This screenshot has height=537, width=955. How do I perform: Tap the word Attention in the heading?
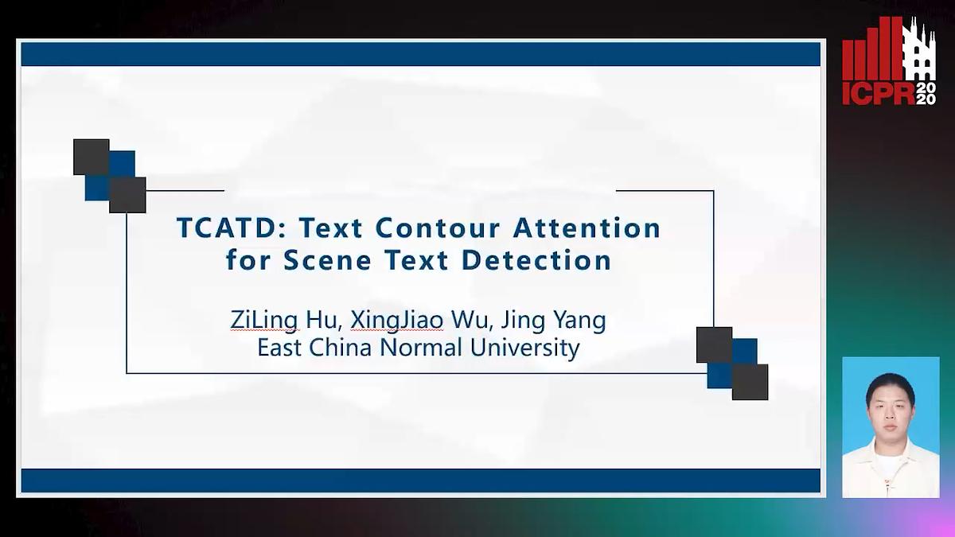pyautogui.click(x=587, y=229)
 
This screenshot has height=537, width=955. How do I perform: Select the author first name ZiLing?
pyautogui.click(x=264, y=321)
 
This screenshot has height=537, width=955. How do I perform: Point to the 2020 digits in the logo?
pyautogui.click(x=926, y=93)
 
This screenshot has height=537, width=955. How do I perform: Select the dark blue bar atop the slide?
pyautogui.click(x=420, y=54)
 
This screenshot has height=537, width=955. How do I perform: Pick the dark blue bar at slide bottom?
pyautogui.click(x=420, y=481)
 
